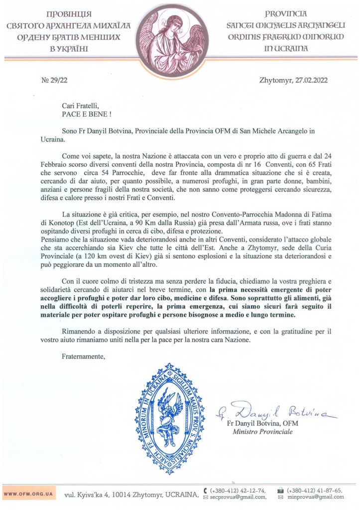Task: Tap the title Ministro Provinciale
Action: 263,432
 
